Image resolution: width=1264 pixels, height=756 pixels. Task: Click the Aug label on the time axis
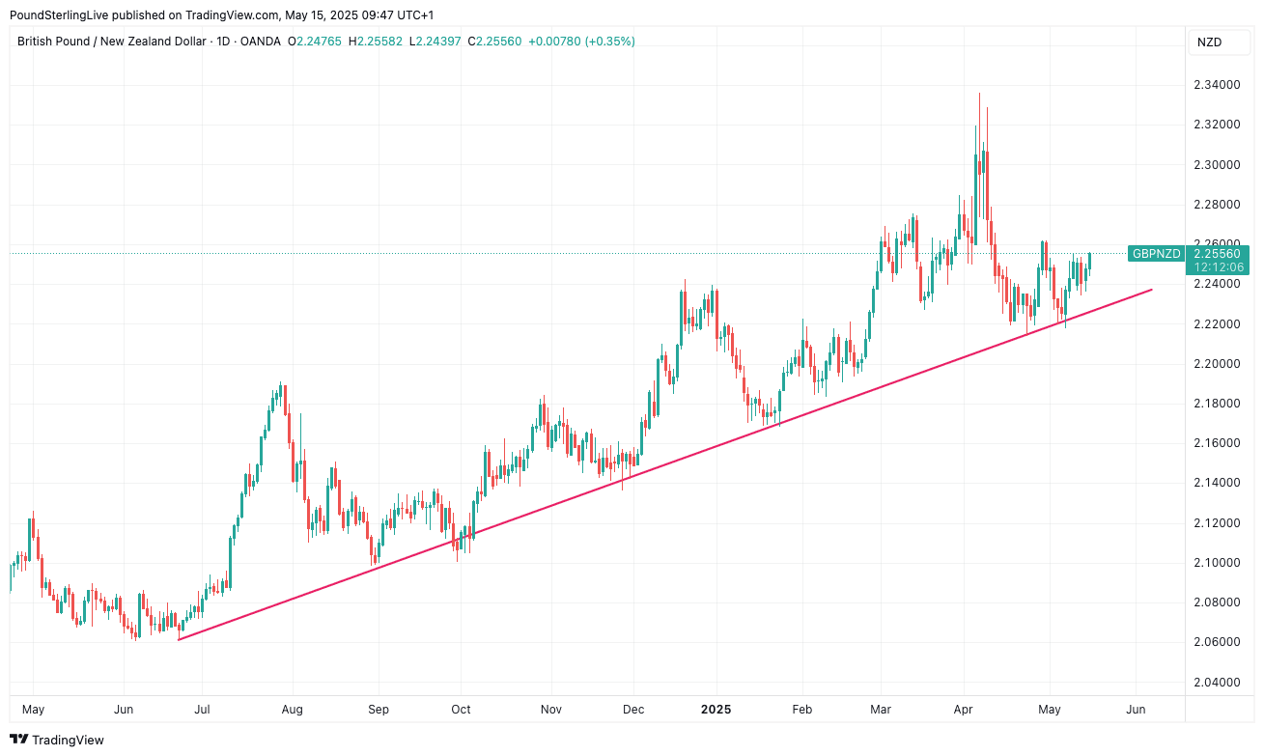293,710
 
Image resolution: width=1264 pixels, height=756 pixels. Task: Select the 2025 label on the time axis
716,710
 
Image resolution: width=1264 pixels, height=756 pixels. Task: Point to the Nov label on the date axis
551,710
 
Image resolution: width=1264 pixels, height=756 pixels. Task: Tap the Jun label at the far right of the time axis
1137,710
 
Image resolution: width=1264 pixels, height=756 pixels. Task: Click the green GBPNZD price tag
1156,254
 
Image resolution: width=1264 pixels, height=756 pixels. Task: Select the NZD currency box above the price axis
1209,42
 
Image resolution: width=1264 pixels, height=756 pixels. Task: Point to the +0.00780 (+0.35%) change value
581,42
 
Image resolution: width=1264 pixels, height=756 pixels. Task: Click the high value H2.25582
377,42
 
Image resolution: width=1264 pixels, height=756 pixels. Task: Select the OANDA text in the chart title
262,42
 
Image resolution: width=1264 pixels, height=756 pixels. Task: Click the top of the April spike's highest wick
979,94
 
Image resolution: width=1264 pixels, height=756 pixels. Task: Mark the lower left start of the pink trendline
180,639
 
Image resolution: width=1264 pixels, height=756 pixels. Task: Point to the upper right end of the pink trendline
1152,289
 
